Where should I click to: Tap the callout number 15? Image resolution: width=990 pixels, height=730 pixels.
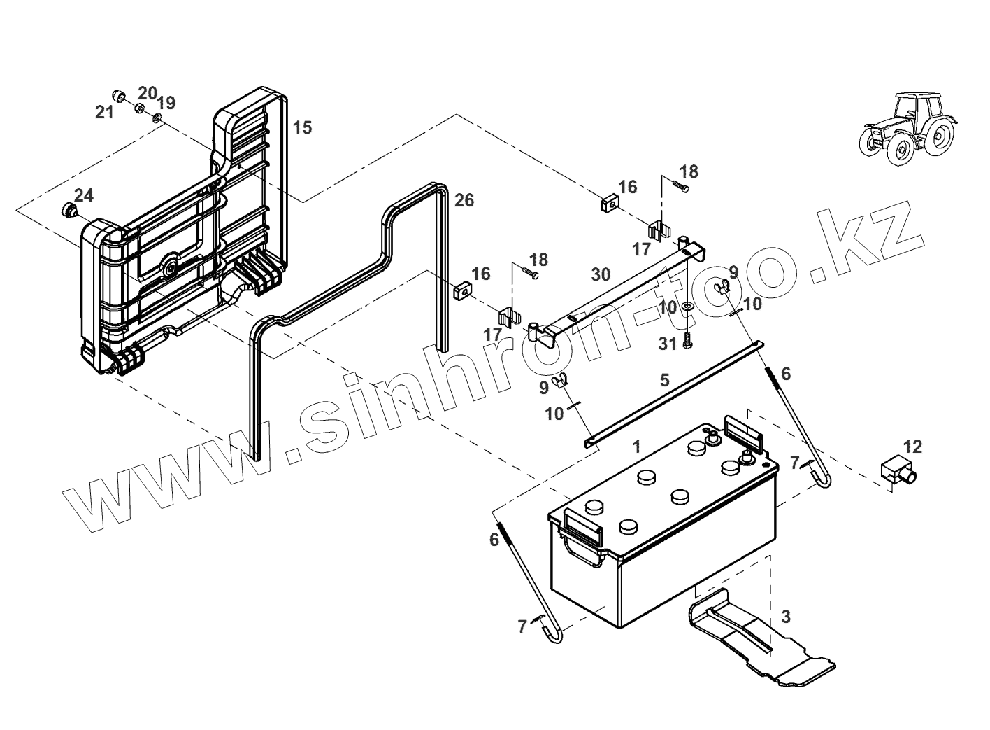[302, 127]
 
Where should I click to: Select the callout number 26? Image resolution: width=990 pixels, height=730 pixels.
[464, 201]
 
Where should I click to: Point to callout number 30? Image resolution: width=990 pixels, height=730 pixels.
[601, 274]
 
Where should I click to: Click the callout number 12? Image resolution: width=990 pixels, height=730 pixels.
[912, 447]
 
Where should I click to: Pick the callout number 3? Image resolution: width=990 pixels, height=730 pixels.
[786, 617]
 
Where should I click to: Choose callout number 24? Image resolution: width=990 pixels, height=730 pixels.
[84, 195]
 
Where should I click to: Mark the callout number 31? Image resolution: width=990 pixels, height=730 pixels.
[668, 344]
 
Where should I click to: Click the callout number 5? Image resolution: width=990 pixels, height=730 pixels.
[664, 380]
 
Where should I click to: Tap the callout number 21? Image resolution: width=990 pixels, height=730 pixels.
[104, 112]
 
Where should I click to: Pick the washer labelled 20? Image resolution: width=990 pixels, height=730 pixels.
[139, 108]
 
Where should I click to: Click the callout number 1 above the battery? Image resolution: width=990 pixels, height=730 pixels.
[636, 446]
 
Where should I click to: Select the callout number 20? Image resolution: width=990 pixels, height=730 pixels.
[147, 93]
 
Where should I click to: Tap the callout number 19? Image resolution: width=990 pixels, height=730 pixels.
[166, 103]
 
